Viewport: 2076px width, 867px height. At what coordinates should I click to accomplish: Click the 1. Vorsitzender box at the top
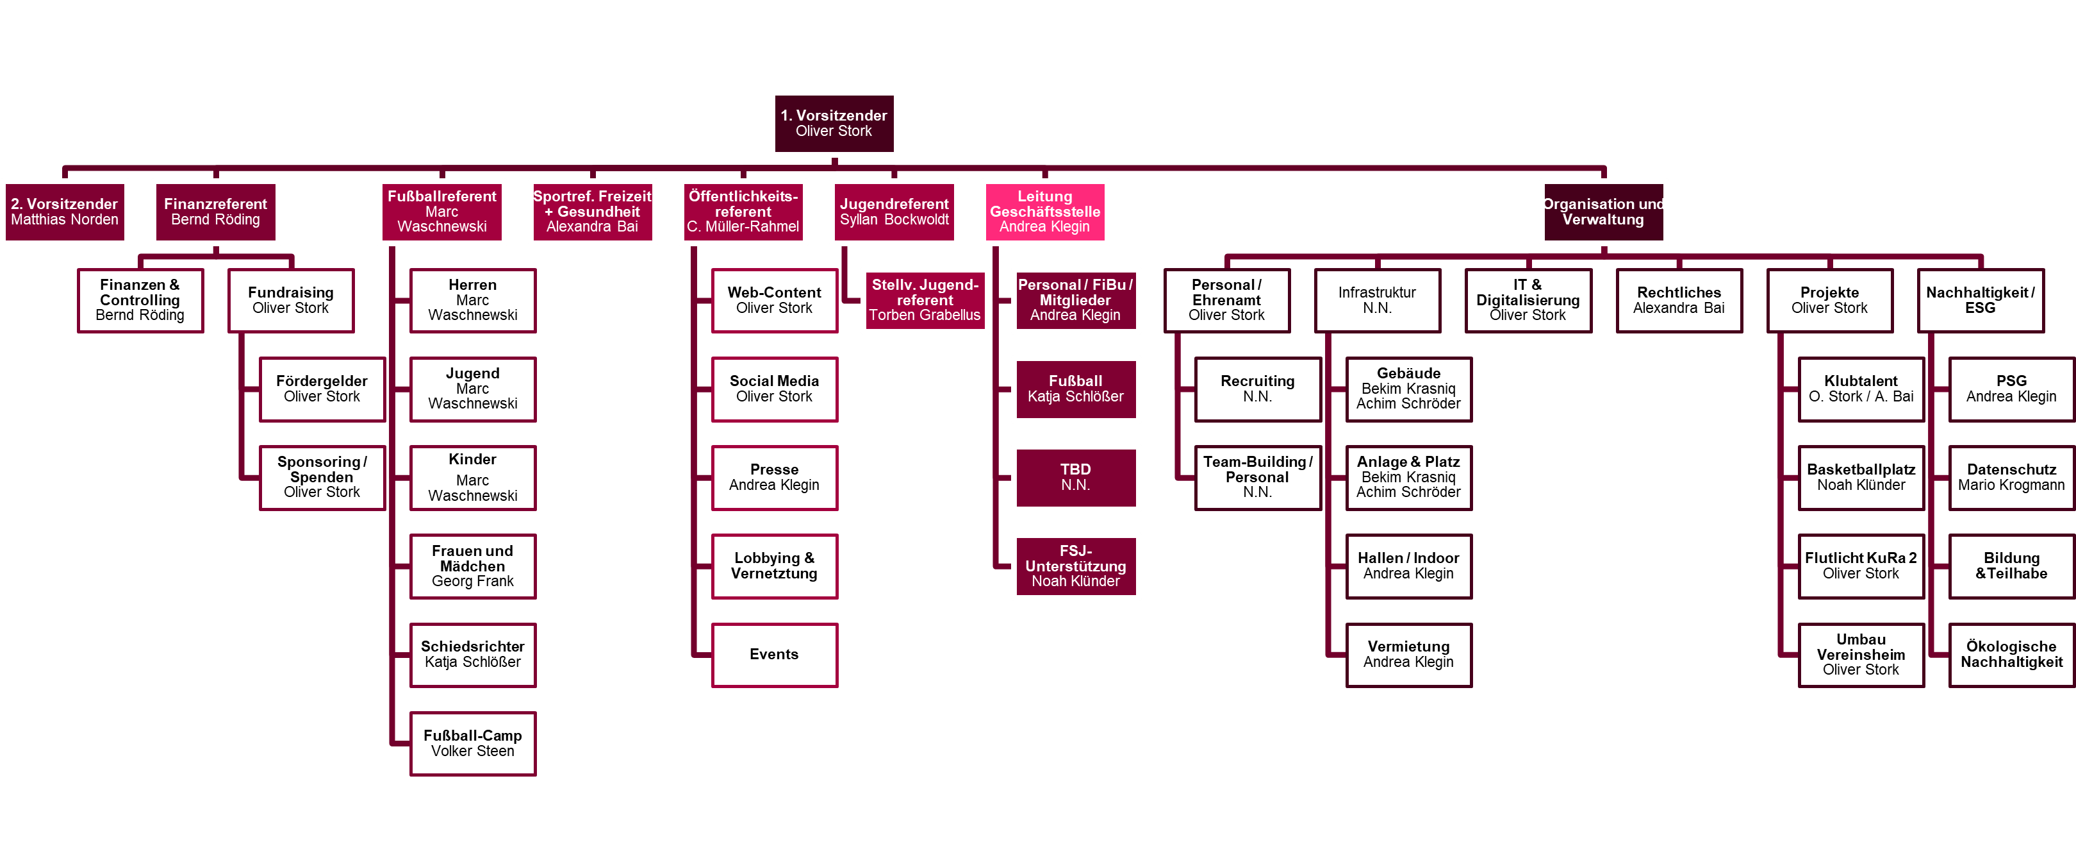pyautogui.click(x=834, y=123)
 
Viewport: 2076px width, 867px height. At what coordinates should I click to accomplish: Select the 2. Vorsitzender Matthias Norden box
pyautogui.click(x=65, y=212)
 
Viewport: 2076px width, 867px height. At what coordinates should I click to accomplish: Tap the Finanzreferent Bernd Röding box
pyautogui.click(x=215, y=212)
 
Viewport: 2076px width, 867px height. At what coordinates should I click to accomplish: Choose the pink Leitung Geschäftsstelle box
pyautogui.click(x=1044, y=212)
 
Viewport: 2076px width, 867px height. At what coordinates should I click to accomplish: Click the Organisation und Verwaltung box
pyautogui.click(x=1603, y=212)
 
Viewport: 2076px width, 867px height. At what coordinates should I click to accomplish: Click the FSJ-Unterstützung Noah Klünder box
pyautogui.click(x=1075, y=566)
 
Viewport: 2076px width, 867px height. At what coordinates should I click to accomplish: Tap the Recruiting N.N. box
pyautogui.click(x=1257, y=389)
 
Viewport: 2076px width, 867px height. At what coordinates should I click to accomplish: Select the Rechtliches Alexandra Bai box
pyautogui.click(x=1679, y=300)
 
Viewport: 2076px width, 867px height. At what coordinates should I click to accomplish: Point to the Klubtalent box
pyautogui.click(x=1861, y=389)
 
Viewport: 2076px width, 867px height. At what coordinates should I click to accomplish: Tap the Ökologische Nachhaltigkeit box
pyautogui.click(x=2011, y=655)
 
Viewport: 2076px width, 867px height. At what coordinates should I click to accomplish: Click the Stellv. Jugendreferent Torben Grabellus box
pyautogui.click(x=925, y=300)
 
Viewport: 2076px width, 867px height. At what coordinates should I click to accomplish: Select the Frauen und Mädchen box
pyautogui.click(x=472, y=566)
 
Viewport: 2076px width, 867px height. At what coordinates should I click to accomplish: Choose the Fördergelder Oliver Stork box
pyautogui.click(x=322, y=389)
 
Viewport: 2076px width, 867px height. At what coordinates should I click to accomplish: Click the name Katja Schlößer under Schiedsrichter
pyautogui.click(x=472, y=662)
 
